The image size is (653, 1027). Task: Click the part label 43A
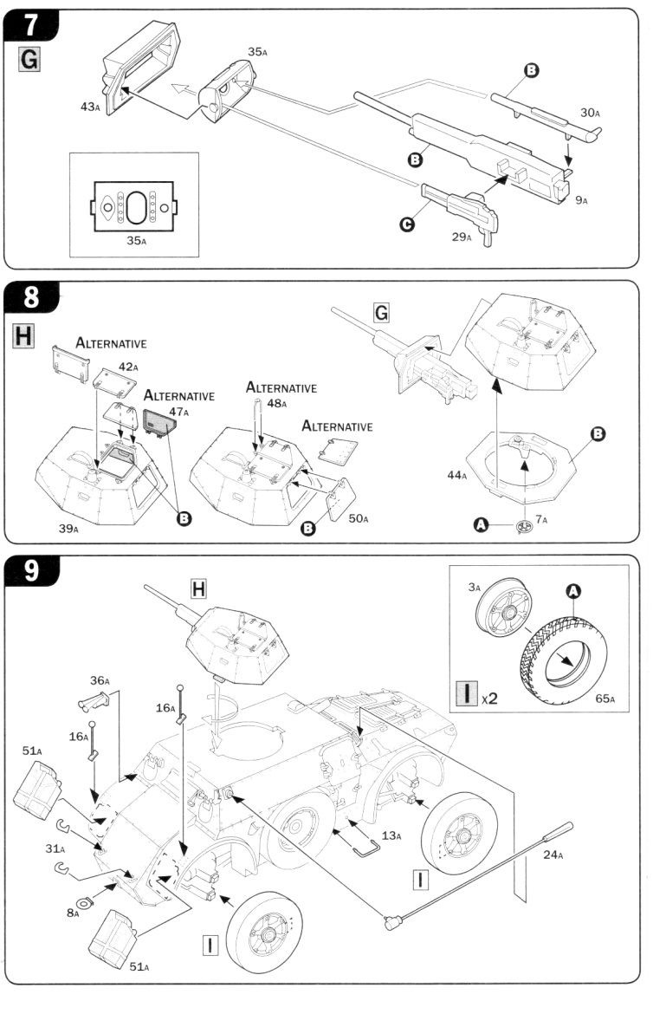pyautogui.click(x=90, y=107)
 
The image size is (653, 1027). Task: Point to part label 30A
pyautogui.click(x=590, y=112)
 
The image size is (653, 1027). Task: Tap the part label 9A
pyautogui.click(x=579, y=200)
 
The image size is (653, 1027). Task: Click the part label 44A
pyautogui.click(x=458, y=475)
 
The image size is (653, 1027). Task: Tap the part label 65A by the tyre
pyautogui.click(x=605, y=699)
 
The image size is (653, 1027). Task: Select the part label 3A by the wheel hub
pyautogui.click(x=474, y=588)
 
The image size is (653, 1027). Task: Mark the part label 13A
pyautogui.click(x=391, y=835)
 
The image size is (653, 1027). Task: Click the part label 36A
pyautogui.click(x=100, y=680)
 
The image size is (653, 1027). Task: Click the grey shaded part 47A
pyautogui.click(x=160, y=422)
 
